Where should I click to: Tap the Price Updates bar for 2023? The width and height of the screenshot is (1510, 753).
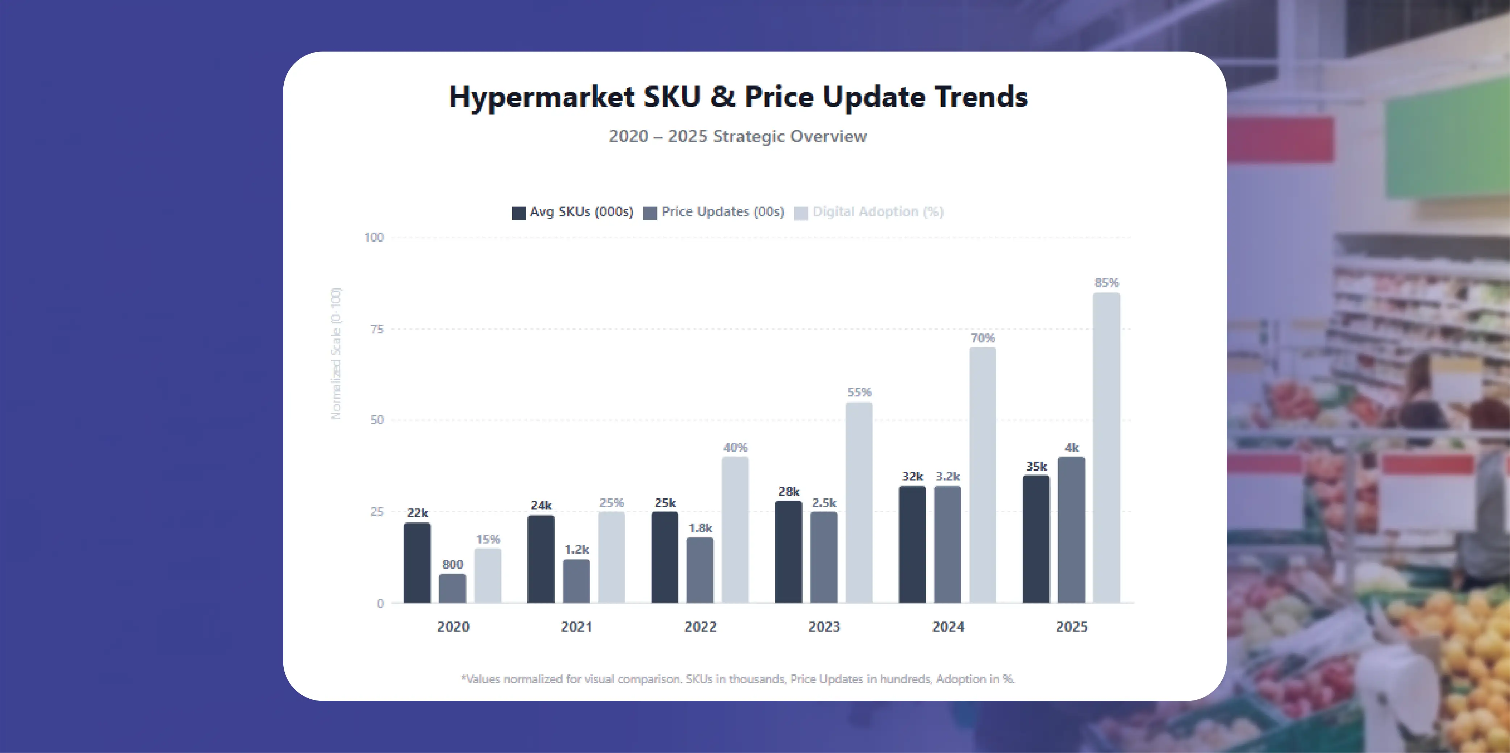click(823, 557)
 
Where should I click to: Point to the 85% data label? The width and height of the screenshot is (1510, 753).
click(1106, 283)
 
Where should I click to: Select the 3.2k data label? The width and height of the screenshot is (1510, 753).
click(947, 476)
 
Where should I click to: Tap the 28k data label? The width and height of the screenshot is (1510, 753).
click(788, 491)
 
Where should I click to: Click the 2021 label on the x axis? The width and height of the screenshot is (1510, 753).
click(576, 626)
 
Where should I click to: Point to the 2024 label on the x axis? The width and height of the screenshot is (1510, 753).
click(948, 626)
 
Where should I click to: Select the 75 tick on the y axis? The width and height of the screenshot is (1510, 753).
click(377, 329)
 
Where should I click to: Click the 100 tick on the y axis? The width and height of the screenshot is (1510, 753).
click(374, 237)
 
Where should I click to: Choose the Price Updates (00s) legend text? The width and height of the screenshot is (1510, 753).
click(722, 212)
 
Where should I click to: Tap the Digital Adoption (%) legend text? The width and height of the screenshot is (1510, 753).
click(877, 212)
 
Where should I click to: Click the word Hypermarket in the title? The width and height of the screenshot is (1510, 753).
click(541, 97)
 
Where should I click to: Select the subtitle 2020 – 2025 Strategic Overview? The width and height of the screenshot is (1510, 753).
click(737, 136)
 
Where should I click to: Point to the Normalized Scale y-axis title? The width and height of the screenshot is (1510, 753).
click(335, 353)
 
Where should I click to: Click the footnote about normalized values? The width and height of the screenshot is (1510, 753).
click(737, 678)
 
